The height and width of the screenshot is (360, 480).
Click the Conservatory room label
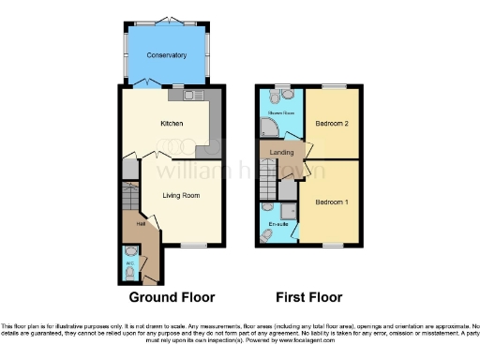click(166, 55)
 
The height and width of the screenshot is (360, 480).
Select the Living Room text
click(182, 195)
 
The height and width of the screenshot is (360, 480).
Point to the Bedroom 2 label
click(332, 124)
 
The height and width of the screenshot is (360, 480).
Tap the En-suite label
click(277, 226)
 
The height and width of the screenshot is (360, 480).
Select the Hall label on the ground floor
click(139, 224)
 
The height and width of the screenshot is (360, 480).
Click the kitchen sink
click(178, 94)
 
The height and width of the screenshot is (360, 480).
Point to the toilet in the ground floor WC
click(130, 255)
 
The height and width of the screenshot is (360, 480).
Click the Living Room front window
click(195, 246)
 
